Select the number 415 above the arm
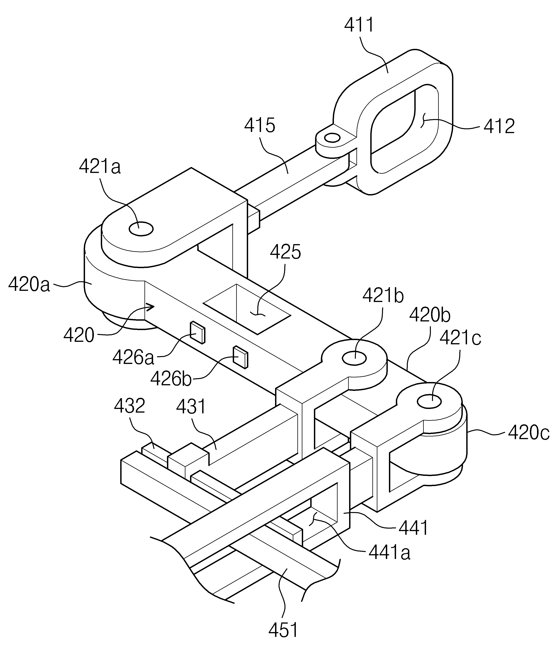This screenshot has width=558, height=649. (x=260, y=126)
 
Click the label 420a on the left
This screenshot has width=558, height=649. (x=29, y=284)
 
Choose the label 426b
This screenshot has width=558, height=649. (x=171, y=379)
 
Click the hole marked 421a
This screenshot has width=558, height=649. (x=141, y=229)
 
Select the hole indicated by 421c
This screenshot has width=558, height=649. (x=430, y=401)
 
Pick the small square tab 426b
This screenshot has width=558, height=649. (x=240, y=357)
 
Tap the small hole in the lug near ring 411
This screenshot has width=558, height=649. (x=332, y=138)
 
